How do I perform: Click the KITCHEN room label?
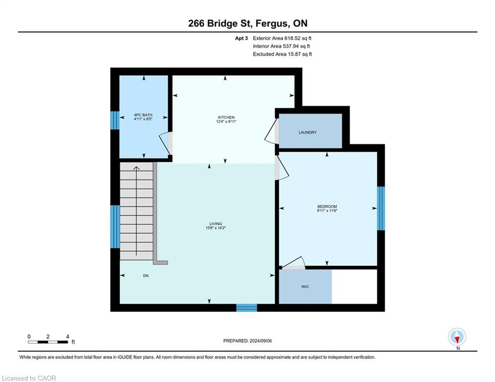click(x=226, y=117)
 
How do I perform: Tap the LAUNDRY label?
click(x=307, y=133)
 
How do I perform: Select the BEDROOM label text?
click(x=327, y=206)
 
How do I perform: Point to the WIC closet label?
click(x=305, y=286)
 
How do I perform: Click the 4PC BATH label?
click(x=143, y=115)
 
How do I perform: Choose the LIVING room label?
click(x=215, y=224)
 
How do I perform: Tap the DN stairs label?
click(x=146, y=276)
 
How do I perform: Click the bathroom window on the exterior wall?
click(x=115, y=120)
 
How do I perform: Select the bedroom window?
click(x=381, y=208)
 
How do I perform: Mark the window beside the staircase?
click(x=115, y=227)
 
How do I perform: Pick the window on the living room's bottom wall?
click(x=247, y=307)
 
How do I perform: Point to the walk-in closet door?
click(x=294, y=263)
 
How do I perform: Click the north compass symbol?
click(x=457, y=337)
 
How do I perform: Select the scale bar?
click(x=48, y=342)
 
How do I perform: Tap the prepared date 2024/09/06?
click(x=261, y=341)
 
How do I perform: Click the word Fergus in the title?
click(x=272, y=24)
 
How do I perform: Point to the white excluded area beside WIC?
click(x=355, y=286)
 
